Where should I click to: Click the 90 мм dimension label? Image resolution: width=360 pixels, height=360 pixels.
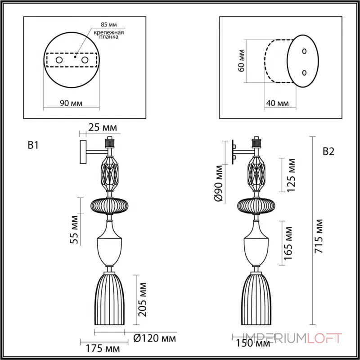tap(71, 103)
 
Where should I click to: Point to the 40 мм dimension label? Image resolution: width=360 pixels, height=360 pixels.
tap(277, 103)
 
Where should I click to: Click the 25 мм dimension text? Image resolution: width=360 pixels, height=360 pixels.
tap(103, 128)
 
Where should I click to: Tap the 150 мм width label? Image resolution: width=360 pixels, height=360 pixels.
tap(253, 344)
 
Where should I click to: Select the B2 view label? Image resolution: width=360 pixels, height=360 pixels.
tap(328, 152)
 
